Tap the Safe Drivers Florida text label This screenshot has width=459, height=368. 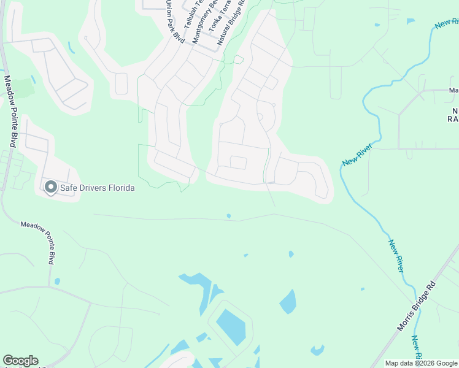point(97,188)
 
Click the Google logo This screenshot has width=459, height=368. point(20,361)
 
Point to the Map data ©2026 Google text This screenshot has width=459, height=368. point(420,363)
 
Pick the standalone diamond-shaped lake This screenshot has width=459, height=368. point(288,301)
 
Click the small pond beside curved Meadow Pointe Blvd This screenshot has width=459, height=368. point(56,282)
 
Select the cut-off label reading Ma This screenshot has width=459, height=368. point(453,91)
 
